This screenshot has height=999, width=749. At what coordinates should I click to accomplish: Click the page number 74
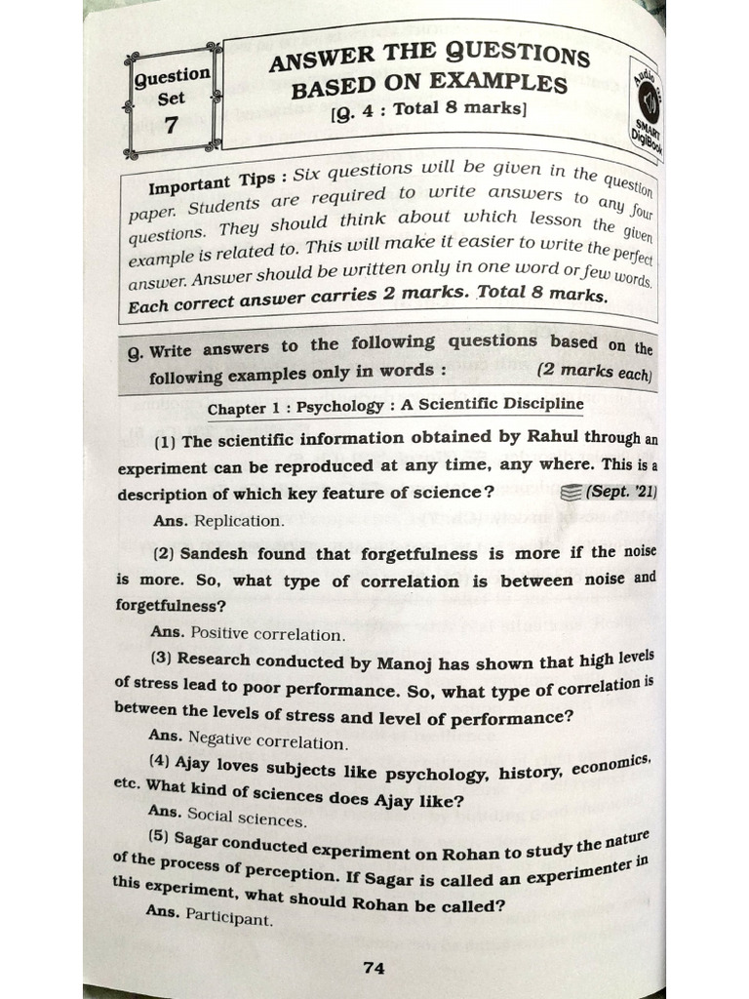(374, 968)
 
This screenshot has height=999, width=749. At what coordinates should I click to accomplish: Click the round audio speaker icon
(648, 100)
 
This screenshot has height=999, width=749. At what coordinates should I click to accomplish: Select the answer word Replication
(239, 521)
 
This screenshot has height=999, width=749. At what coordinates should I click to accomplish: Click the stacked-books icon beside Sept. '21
(573, 494)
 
